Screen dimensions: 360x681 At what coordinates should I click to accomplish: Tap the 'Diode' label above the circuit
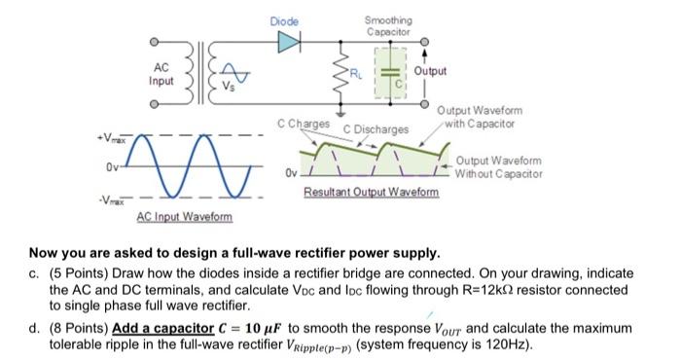tap(285, 20)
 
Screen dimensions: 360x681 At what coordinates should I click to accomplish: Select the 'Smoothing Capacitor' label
tap(387, 25)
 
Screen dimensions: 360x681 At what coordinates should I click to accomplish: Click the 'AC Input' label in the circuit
tap(161, 73)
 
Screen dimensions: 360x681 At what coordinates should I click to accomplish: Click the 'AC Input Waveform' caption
tap(184, 216)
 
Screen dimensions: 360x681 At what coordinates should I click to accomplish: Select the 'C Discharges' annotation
tap(376, 128)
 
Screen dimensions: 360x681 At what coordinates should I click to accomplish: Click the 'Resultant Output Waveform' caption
tap(371, 192)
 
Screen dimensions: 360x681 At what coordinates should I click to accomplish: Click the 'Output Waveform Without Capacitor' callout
tap(498, 166)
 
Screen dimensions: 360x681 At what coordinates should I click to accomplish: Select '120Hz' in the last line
tap(501, 344)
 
